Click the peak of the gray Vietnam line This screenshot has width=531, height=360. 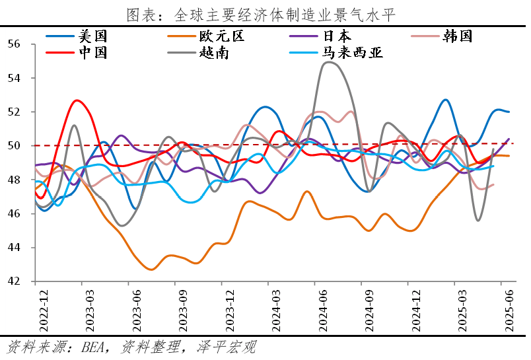point(328,62)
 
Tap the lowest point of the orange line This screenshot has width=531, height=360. point(151,270)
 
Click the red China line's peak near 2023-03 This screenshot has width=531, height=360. point(77,100)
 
